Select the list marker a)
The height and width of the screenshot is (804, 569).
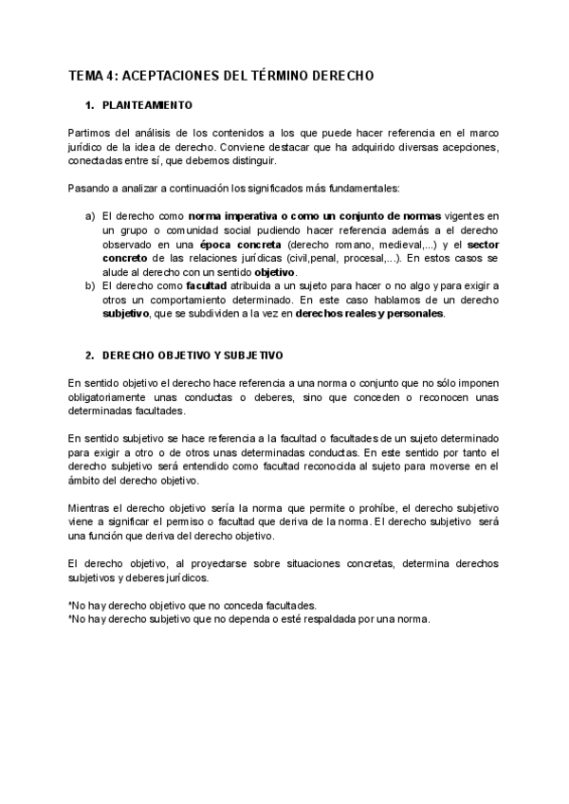pos(90,216)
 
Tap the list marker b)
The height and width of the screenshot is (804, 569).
pos(90,285)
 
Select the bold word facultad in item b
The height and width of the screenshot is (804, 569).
pos(206,285)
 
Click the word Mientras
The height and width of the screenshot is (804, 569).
pos(93,509)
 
